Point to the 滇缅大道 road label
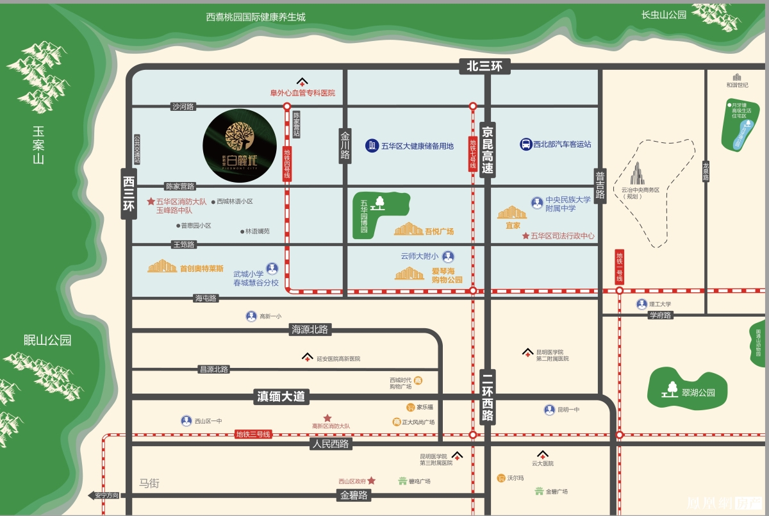280,397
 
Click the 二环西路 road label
488,397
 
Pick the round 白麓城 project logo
240,146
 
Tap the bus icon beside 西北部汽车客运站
525,145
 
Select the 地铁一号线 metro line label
619,267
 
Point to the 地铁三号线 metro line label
253,435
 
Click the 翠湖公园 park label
698,393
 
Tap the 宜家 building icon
512,212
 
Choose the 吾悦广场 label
439,231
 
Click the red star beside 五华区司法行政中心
525,236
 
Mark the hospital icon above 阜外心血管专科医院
302,82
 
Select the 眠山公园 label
47,340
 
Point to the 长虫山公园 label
664,15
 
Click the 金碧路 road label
354,495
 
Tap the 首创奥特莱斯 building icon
162,266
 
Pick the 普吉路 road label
600,187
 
